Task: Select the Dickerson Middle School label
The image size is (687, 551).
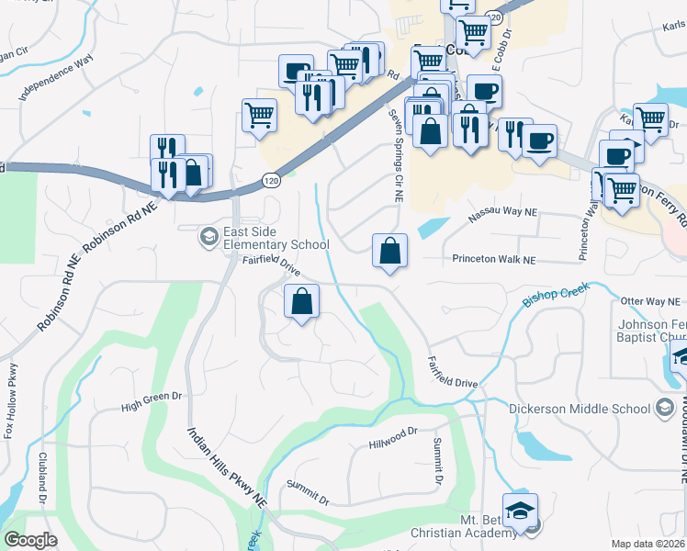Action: pos(585,408)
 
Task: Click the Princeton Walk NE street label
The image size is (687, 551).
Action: pos(492,260)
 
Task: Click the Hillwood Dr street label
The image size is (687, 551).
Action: pos(393,436)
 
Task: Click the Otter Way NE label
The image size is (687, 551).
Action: pos(653,300)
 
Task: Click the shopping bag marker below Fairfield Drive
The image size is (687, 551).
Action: pos(302,301)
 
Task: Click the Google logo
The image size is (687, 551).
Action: pos(31,540)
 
